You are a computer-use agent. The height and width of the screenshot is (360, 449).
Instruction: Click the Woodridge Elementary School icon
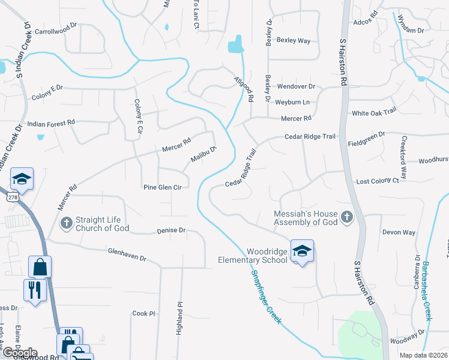[x=302, y=251]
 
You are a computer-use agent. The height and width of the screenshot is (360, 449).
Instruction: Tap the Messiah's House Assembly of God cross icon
[x=346, y=217]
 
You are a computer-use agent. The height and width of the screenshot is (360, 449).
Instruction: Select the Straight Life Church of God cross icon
[x=67, y=223]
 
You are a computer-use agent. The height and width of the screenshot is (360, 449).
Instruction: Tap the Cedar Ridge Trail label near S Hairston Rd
[x=310, y=137]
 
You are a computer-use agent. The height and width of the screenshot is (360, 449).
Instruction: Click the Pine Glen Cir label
[x=162, y=187]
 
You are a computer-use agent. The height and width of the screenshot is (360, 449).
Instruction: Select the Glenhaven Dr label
[x=127, y=254]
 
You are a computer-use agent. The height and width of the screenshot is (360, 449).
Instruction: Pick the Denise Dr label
[x=171, y=230]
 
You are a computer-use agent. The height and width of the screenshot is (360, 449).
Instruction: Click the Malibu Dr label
[x=203, y=154]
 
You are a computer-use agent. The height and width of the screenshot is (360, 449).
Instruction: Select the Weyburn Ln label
[x=292, y=103]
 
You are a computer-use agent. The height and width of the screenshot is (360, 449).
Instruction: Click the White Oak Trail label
[x=374, y=112]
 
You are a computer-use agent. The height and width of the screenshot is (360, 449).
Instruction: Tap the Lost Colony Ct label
[x=378, y=181]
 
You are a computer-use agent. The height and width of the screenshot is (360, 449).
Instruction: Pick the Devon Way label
[x=399, y=232]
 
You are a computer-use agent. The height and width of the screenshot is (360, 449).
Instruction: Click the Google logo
[x=19, y=353]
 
